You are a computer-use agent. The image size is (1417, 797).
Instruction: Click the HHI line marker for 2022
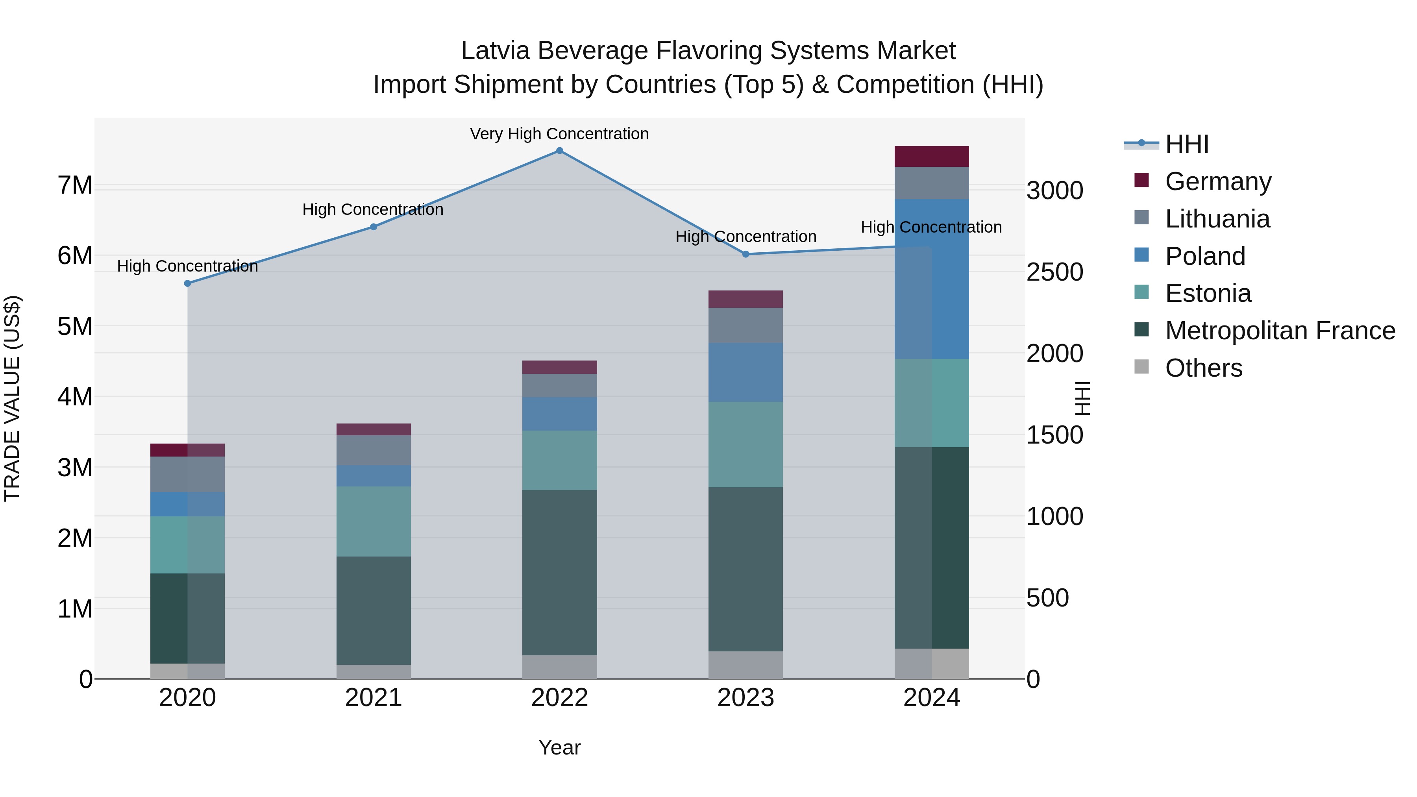click(559, 151)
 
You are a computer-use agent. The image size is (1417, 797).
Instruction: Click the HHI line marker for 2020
click(188, 283)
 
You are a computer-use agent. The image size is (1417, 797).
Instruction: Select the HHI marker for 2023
click(746, 254)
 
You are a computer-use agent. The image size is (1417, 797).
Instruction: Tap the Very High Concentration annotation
click(559, 134)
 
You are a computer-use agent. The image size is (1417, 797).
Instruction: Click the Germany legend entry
click(1218, 181)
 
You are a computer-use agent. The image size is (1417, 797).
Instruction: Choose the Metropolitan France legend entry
click(1280, 331)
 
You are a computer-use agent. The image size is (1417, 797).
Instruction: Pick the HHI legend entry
click(1186, 144)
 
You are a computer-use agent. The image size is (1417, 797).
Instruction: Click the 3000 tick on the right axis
click(1054, 191)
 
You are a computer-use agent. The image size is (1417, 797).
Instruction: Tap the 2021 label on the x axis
click(374, 698)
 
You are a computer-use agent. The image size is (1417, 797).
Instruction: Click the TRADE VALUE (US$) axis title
click(12, 398)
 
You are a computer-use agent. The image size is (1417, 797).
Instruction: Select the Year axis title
click(559, 747)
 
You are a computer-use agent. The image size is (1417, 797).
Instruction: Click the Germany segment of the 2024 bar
click(931, 156)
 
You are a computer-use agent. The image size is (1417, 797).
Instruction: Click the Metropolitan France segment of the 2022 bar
click(559, 572)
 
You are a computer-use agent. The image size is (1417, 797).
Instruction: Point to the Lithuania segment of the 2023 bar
click(745, 325)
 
